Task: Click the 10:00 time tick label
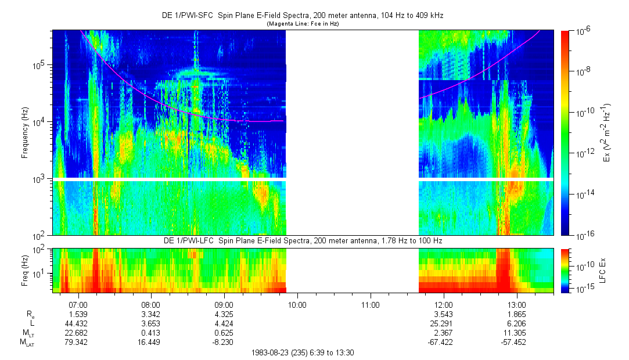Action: tap(297, 304)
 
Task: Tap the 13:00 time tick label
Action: tap(516, 304)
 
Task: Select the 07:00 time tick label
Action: tap(78, 304)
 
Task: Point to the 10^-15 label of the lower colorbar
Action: tap(582, 289)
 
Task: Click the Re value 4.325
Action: tap(224, 314)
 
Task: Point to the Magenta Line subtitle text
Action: tap(302, 24)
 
